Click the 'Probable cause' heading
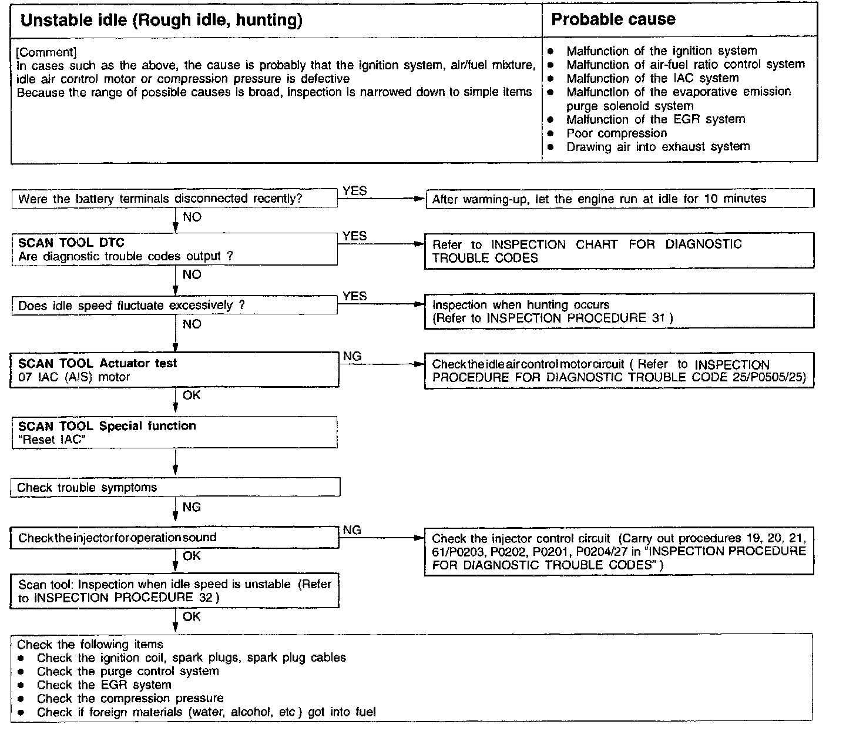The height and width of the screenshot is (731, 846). point(613,19)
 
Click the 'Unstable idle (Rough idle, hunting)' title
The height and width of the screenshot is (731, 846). point(162,21)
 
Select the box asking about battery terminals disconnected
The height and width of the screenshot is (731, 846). point(174,199)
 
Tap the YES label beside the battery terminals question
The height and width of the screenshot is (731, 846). point(354,190)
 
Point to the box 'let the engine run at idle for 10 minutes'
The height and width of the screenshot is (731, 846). point(619,199)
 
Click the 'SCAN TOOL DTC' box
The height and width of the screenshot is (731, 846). point(174,249)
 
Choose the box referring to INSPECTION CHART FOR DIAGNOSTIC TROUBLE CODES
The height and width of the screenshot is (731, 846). point(619,251)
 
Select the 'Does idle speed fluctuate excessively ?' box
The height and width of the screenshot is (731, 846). point(174,306)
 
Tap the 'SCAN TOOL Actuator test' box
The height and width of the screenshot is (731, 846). point(174,370)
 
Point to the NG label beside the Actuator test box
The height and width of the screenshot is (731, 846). point(352,356)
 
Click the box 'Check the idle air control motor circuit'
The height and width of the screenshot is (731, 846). point(619,371)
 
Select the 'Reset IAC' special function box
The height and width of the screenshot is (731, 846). point(174,432)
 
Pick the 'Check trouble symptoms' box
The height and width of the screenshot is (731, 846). point(174,487)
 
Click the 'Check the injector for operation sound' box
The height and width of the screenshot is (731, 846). point(174,538)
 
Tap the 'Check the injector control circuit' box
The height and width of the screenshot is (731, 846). point(619,551)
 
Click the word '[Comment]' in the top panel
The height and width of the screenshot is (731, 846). point(46,52)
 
